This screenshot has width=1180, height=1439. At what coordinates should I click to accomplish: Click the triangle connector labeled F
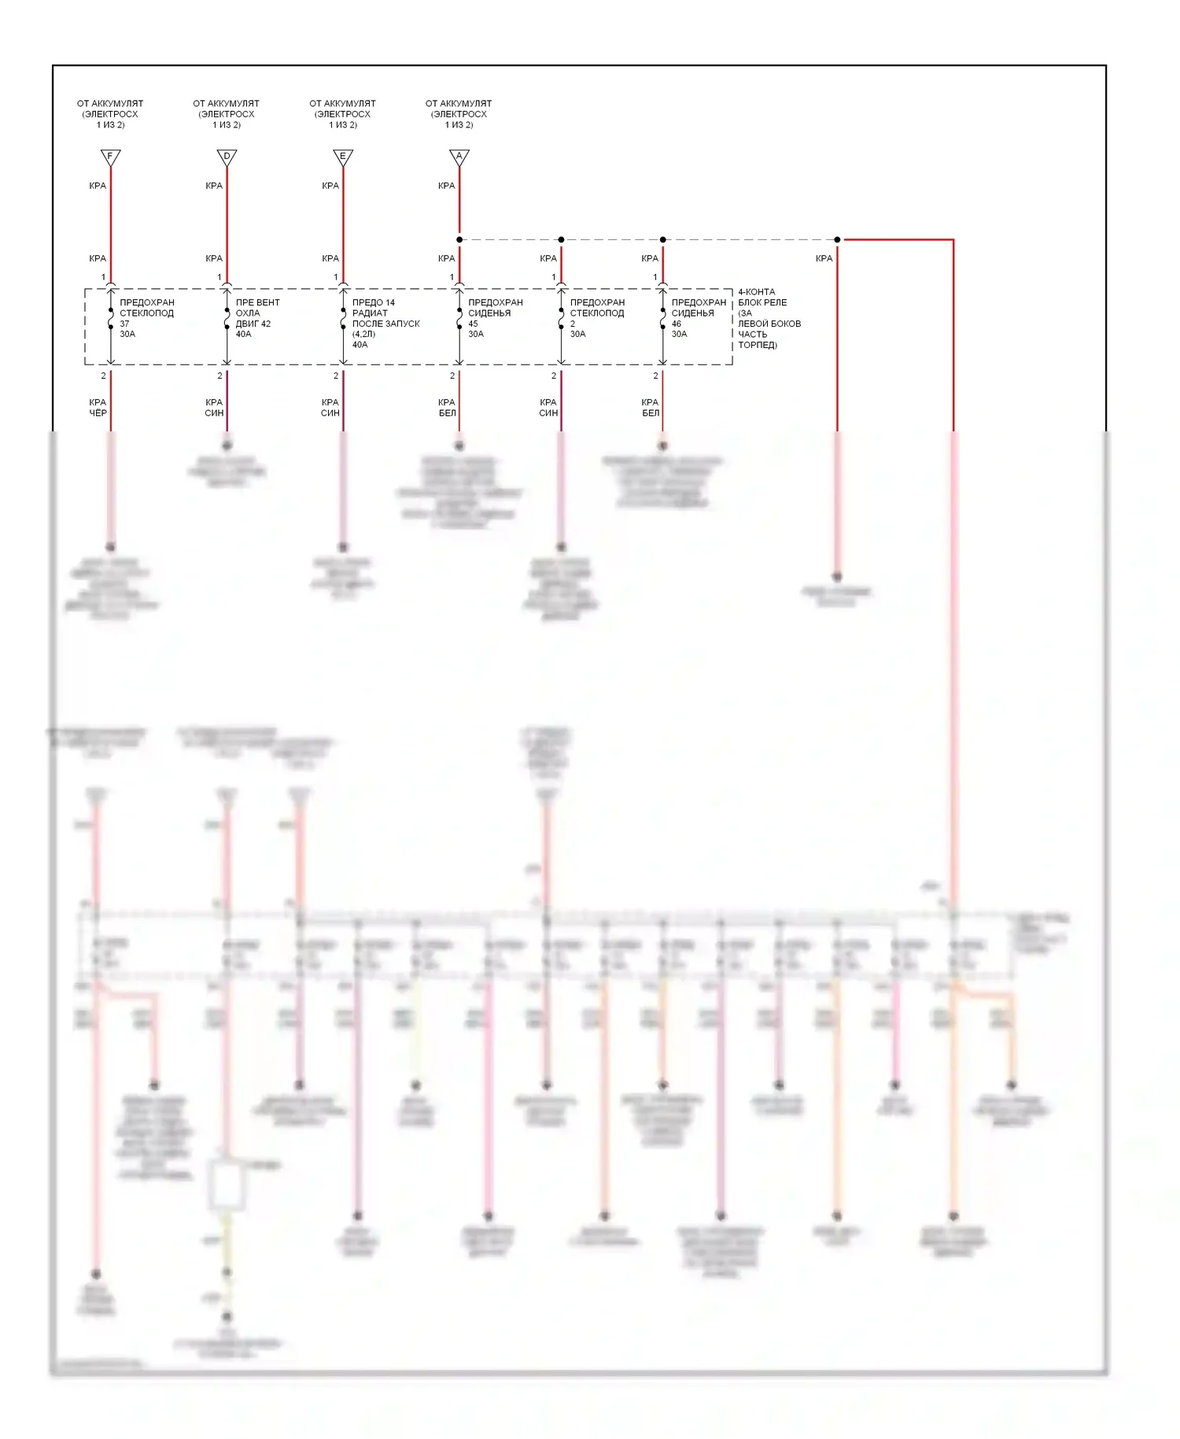coord(110,157)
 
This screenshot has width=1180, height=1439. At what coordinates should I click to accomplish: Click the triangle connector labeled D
coord(227,157)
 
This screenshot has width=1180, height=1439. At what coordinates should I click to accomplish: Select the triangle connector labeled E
coord(343,157)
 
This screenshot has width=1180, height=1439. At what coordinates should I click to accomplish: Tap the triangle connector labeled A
coord(459,157)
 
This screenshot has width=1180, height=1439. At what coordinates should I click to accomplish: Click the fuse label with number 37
coord(146,318)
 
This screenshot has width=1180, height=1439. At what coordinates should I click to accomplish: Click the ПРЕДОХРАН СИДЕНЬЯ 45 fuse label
coord(495,318)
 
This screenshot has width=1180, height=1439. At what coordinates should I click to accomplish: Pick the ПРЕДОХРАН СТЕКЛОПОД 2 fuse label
coord(596,318)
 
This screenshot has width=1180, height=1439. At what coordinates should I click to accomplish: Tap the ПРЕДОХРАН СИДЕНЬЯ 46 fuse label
coord(699,318)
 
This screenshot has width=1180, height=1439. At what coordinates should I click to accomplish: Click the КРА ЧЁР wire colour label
coord(98,408)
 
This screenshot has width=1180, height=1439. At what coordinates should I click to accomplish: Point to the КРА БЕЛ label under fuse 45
coord(447,408)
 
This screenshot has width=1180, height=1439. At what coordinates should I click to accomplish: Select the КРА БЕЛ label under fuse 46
coord(650,408)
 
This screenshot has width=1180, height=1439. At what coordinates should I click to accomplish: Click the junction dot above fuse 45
coord(459,239)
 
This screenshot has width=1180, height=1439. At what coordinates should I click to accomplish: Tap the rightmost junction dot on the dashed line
coord(837,239)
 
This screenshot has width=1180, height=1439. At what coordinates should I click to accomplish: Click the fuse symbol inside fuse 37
coord(111,318)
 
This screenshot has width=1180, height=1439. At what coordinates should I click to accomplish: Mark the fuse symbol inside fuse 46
coord(663,318)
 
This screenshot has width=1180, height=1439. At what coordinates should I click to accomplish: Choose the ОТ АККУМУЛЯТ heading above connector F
coord(110,113)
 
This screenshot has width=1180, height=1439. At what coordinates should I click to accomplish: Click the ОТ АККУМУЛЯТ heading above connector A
coord(459,113)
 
